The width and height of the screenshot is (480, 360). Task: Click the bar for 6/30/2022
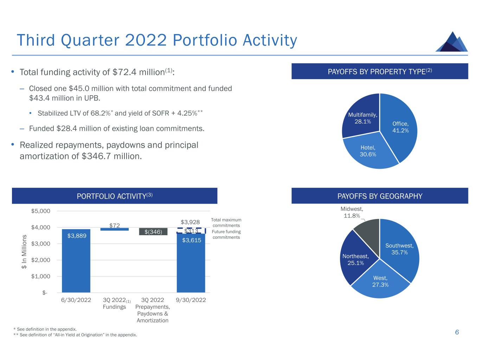pos(76,261)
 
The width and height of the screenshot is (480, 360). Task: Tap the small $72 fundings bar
pos(114,229)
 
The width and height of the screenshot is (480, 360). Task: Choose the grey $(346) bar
pos(153,232)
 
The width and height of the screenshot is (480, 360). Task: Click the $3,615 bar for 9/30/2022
pos(191,264)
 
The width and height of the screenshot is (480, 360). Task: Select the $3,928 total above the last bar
pos(190,222)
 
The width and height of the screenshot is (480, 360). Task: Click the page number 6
pos(457,332)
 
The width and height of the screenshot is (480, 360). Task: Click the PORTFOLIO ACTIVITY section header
pos(115,196)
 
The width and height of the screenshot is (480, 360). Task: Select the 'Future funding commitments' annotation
pos(226,234)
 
